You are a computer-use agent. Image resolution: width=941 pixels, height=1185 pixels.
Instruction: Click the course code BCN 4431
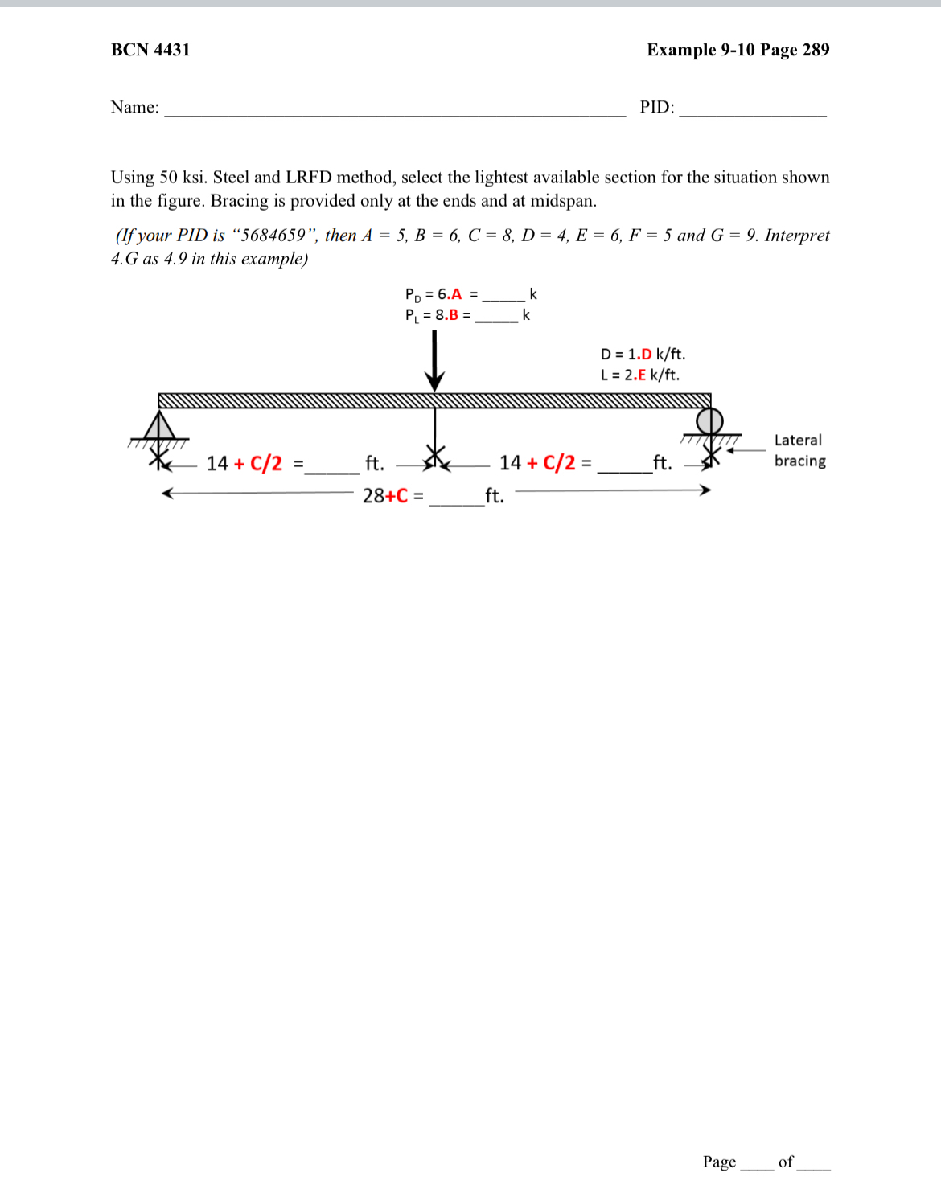(150, 50)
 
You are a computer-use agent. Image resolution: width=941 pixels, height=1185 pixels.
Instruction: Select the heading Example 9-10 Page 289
(738, 50)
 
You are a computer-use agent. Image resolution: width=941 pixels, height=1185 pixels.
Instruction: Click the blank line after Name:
(394, 113)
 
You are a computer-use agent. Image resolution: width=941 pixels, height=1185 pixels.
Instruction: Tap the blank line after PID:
(752, 113)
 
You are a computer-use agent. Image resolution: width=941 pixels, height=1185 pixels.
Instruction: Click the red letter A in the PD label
(457, 294)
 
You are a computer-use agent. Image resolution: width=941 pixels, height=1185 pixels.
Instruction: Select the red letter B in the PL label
(454, 315)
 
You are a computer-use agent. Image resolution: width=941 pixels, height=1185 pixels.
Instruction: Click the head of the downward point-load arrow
(435, 380)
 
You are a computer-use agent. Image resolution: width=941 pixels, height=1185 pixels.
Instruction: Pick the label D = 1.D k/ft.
(643, 355)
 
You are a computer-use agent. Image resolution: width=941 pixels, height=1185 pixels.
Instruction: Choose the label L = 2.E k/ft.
(639, 375)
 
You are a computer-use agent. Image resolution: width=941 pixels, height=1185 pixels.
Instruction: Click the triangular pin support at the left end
(159, 425)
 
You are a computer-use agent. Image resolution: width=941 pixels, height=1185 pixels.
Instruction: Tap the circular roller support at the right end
(709, 420)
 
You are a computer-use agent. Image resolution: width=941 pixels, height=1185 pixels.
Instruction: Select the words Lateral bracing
(799, 450)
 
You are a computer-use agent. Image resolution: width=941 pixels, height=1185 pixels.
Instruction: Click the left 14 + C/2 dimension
(244, 463)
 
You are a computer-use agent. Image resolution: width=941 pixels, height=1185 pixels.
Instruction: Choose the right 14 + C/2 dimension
(537, 463)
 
